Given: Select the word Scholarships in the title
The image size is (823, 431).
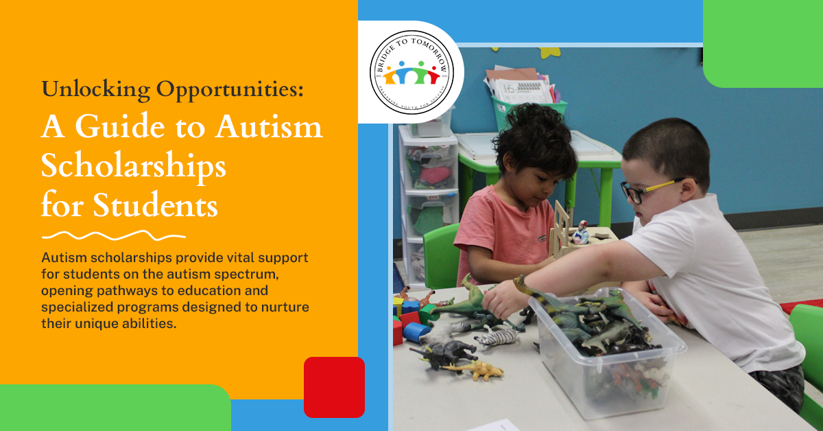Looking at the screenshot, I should point(133,166).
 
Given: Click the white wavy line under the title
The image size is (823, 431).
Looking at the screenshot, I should point(113,236).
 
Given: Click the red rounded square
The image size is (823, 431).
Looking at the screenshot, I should point(334,387).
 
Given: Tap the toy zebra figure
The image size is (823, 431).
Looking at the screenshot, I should point(497,336).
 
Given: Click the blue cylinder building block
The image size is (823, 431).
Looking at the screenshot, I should point(416,331).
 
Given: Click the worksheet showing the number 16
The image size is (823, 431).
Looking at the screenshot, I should point(525,90).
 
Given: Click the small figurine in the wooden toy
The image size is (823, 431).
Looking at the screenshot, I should point(582,232).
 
